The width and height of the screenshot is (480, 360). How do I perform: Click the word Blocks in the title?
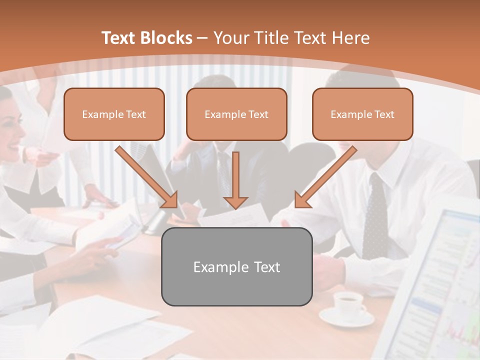pos(165,38)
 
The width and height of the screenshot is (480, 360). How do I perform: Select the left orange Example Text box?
pos(114,114)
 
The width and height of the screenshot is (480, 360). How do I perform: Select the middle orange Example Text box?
pos(236,114)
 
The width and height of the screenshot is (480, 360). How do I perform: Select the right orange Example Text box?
pos(362,114)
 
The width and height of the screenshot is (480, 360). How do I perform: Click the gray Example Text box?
pos(236,266)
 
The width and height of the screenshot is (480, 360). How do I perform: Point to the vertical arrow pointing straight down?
pos(235,180)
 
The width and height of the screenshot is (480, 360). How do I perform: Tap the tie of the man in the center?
pos(223,170)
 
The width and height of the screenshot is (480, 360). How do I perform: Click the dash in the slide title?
pos(202,38)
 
